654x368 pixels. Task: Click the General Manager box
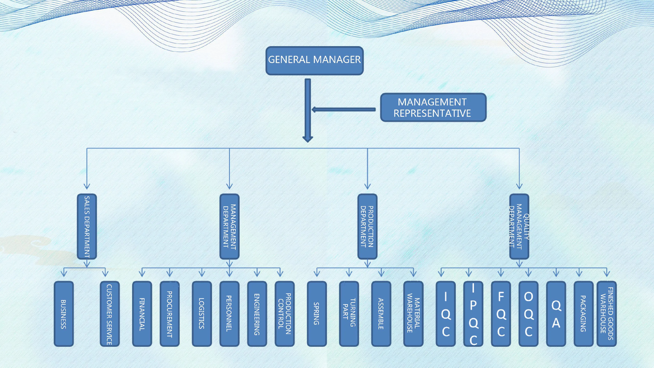pos(314,61)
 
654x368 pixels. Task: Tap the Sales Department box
pos(87,227)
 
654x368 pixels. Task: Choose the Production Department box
pos(367,227)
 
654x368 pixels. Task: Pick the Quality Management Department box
pos(519,227)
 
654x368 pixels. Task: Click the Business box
pos(64,314)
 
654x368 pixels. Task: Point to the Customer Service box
pos(110,314)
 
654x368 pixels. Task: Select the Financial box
pos(142,314)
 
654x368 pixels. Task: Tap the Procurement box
pos(170,314)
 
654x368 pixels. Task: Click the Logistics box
pos(202,314)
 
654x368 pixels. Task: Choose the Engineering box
pos(257,314)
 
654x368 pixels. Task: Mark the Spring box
pos(317,314)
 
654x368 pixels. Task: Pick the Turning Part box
pos(349,314)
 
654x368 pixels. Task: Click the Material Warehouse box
pos(413,314)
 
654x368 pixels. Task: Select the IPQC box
pos(473,314)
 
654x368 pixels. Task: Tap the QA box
pos(556,314)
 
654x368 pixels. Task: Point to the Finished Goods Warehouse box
pos(606,314)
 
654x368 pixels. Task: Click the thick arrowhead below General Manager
pos(308,139)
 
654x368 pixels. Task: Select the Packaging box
pos(583,314)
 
